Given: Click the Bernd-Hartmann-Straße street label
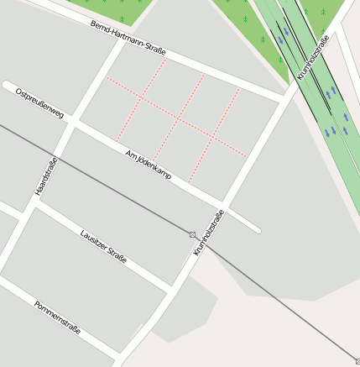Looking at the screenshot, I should [x=128, y=38].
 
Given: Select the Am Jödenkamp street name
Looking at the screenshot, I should [x=148, y=165].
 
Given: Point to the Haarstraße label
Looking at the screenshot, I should [x=46, y=177].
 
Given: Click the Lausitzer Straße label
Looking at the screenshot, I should [x=103, y=246].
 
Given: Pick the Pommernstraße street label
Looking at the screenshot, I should [x=57, y=317].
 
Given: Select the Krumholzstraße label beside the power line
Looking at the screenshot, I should [x=210, y=233].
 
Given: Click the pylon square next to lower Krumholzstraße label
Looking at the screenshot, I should [x=193, y=234].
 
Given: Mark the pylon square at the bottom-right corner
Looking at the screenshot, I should [x=357, y=359].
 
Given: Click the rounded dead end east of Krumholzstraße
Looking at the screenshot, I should [x=256, y=229].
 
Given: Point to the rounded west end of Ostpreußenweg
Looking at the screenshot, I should [x=8, y=85].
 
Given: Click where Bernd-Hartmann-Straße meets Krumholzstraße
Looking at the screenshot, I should [x=285, y=98].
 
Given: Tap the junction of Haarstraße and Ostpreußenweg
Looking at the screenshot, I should [x=70, y=123].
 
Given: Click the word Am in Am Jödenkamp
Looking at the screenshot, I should [x=130, y=155].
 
